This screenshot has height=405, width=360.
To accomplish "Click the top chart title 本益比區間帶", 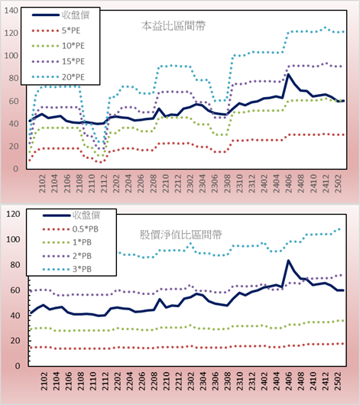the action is coord(174,26).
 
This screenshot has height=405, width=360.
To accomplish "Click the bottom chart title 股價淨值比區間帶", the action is coord(180,235).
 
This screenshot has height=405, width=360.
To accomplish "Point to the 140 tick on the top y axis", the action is coord(11,11).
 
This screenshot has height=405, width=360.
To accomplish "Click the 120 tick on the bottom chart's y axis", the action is coord(13,214).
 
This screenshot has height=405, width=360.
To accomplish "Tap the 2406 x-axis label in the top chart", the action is coord(288,183).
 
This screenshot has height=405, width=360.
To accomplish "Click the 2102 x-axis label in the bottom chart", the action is coord(44,381).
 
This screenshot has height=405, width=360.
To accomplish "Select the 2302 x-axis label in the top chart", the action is coord(190,183).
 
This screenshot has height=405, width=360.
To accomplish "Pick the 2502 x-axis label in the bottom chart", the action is coord(338,381).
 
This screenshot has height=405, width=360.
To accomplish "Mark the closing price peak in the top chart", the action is coord(288,74).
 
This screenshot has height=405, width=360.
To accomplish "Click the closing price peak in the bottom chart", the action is coord(288,261).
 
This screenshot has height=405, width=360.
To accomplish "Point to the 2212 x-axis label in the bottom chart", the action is coord(179,381).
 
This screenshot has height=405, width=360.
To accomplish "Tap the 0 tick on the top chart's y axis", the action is coord(15,169).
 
